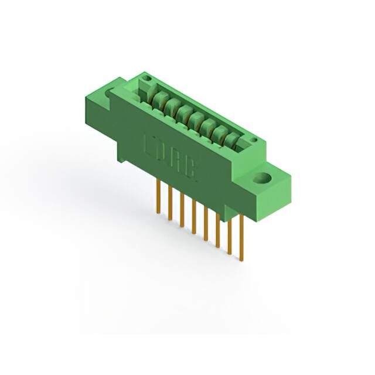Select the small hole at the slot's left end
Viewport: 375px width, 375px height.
tap(148, 79)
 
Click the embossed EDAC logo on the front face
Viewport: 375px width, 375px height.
tap(171, 157)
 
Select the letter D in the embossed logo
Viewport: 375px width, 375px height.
tap(163, 152)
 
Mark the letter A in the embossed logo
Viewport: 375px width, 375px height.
tap(178, 161)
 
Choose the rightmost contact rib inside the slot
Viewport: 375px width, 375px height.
tap(233, 139)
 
